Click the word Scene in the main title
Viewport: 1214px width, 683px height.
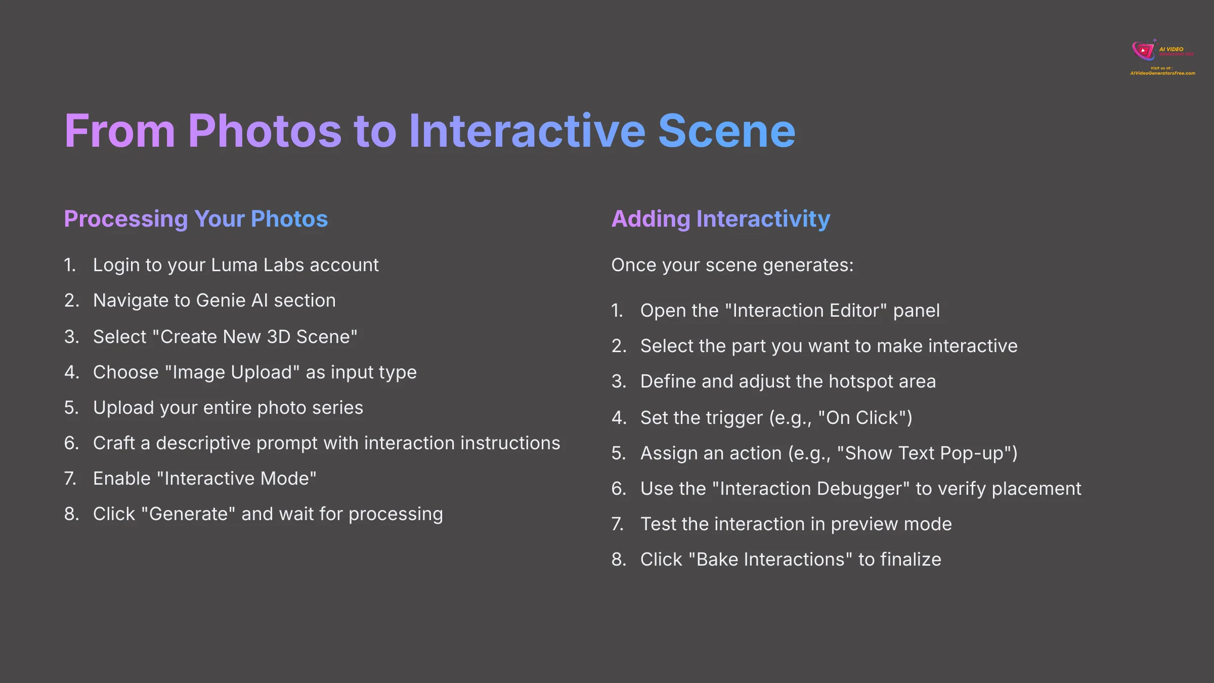coord(726,132)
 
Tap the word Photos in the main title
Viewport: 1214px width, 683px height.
coord(265,132)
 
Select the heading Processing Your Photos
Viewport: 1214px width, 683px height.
coord(196,219)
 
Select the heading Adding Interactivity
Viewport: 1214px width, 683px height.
coord(721,219)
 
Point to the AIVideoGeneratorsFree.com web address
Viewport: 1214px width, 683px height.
coord(1162,73)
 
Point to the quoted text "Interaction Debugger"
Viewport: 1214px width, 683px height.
coord(811,489)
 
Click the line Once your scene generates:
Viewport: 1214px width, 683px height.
coord(732,265)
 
